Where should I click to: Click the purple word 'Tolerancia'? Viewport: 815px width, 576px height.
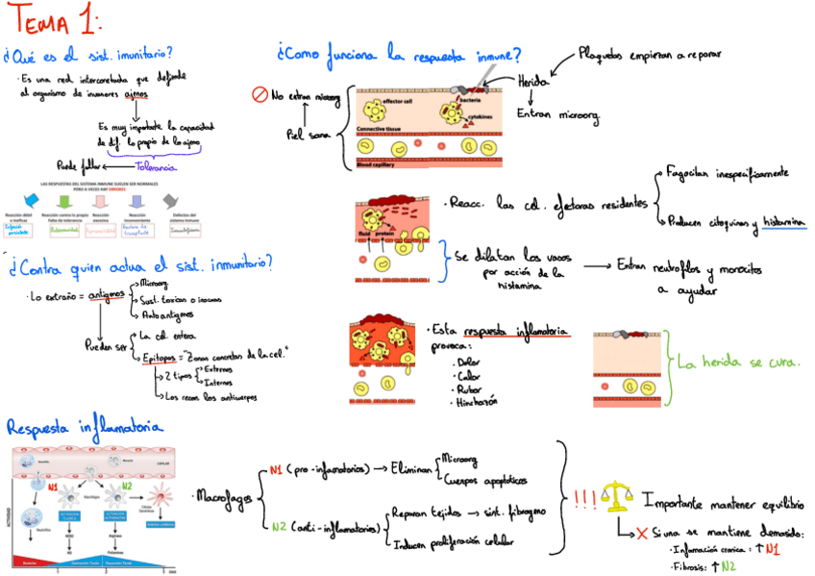(x=156, y=166)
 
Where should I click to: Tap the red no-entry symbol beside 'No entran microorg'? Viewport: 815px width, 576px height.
(x=259, y=94)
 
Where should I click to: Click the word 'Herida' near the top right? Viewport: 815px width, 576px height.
(x=535, y=83)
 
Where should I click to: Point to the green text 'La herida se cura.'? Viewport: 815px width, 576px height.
(x=739, y=363)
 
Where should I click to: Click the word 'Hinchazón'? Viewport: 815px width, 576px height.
(x=475, y=403)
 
